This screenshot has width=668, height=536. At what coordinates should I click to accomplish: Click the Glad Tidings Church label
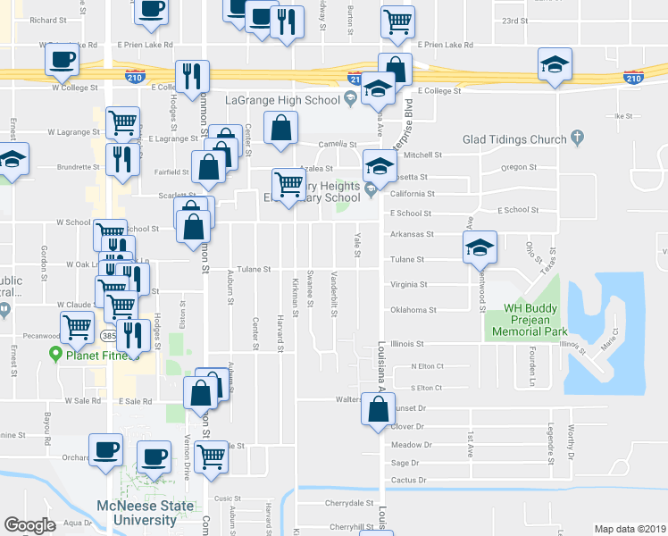(x=514, y=139)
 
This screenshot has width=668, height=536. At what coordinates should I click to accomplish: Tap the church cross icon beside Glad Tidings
(x=578, y=138)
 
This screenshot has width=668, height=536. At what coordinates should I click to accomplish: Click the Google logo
(x=29, y=525)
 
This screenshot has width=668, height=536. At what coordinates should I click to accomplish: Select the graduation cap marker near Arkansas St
(x=480, y=247)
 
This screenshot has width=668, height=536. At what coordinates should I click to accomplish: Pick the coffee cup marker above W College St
(x=62, y=61)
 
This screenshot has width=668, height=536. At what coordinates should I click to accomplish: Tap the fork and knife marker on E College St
(x=192, y=77)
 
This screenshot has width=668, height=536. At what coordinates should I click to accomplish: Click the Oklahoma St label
(x=413, y=311)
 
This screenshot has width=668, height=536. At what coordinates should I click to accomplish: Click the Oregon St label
(x=519, y=167)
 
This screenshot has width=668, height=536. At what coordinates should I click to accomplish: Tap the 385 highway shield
(x=109, y=337)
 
